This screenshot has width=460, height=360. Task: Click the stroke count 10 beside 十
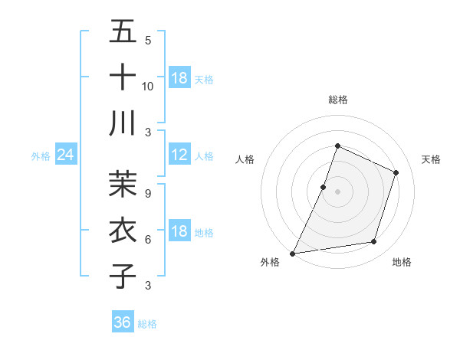148,86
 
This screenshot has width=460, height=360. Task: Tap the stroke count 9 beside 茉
148,193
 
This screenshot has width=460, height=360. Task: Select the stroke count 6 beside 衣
148,239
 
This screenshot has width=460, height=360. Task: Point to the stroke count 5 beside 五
148,40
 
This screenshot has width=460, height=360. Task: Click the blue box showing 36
123,322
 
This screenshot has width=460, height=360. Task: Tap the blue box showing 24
65,155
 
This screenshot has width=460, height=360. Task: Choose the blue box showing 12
179,155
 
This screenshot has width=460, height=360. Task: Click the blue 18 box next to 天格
179,78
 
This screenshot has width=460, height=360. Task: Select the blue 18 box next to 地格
179,231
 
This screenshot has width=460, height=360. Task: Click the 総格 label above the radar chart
337,100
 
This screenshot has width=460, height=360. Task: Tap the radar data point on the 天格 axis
396,172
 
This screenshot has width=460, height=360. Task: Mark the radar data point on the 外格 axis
292,254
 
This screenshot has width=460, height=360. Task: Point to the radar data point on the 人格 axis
324,187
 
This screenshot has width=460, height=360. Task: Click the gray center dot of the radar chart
337,191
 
